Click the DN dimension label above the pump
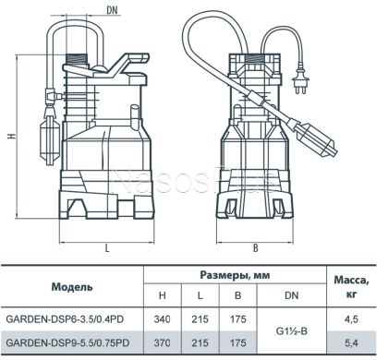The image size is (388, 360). coord(112,10)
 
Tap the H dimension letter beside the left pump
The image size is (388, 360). coord(12,136)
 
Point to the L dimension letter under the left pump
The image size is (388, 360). coord(107,248)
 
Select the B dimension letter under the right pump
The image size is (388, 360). coord(255,248)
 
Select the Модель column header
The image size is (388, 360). coord(72,287)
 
